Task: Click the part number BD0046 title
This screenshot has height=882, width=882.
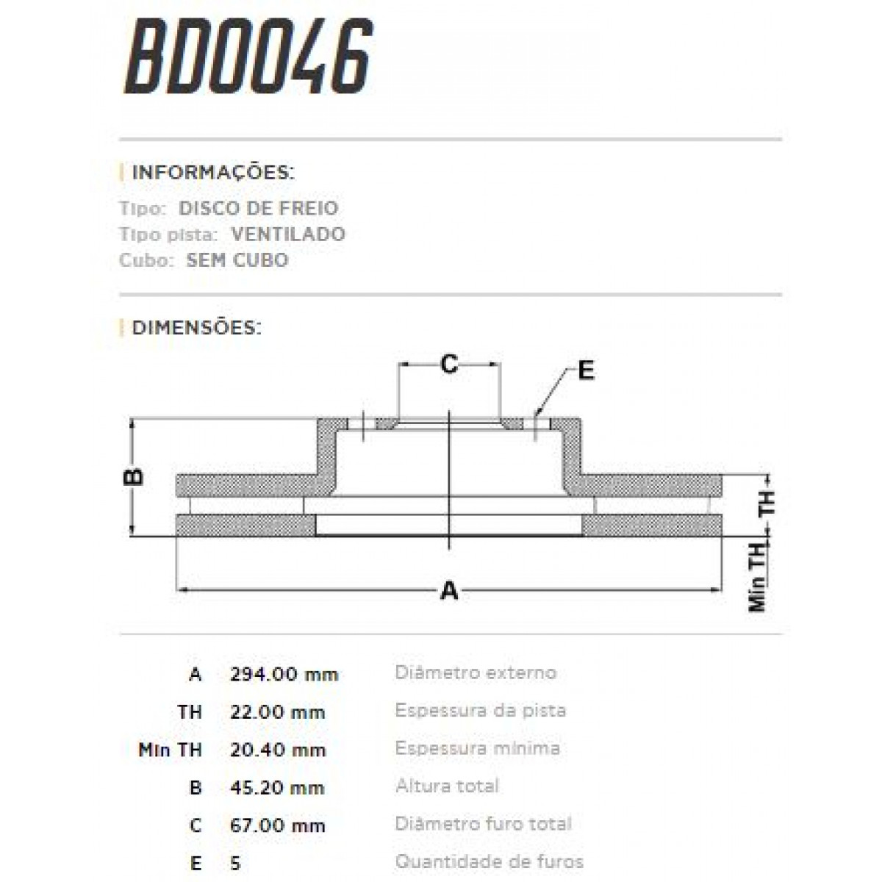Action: click(248, 57)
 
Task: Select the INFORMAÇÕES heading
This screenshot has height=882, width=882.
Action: click(212, 173)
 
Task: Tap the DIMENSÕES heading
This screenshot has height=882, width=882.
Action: click(196, 328)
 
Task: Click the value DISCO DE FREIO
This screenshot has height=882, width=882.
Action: click(258, 208)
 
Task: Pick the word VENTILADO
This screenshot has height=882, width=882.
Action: click(287, 234)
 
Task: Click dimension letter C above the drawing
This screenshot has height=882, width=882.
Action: click(448, 363)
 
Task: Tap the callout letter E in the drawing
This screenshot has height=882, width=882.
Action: click(585, 371)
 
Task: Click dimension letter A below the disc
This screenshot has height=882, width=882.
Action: click(448, 590)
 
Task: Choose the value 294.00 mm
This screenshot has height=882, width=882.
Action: click(283, 674)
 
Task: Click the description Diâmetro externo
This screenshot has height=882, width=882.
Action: click(476, 673)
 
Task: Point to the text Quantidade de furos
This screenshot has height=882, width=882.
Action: click(489, 861)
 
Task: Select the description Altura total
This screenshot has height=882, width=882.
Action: click(447, 786)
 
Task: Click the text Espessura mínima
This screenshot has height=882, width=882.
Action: click(477, 748)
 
